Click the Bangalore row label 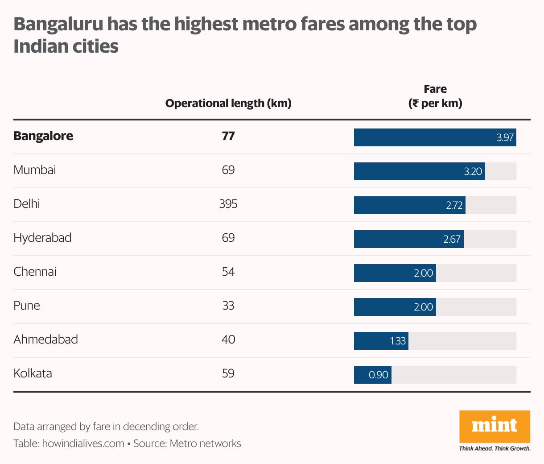tap(43, 136)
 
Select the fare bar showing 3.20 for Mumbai tap(419, 171)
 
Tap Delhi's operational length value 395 tap(228, 204)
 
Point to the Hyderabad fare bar tap(408, 239)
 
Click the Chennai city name tap(35, 272)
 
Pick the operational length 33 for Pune tap(228, 306)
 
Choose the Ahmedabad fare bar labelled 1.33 tap(381, 341)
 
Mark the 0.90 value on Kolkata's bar tap(379, 375)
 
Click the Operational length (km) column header tap(228, 104)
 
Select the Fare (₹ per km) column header tap(435, 96)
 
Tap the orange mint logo tap(495, 426)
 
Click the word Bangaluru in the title tap(58, 24)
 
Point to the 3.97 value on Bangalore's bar tap(505, 137)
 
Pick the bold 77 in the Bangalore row tap(228, 136)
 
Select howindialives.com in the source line tap(83, 443)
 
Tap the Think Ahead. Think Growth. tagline tap(495, 448)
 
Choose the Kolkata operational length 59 tap(228, 373)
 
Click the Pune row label tap(27, 306)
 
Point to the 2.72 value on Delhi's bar tap(454, 205)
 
